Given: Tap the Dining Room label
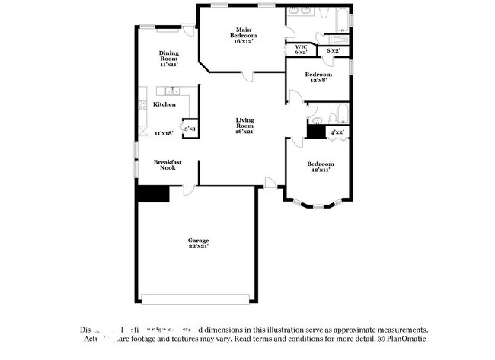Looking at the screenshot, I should tap(168, 59).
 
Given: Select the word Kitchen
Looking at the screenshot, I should tap(164, 104).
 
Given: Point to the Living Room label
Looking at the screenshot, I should tap(244, 125).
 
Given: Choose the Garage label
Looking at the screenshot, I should tap(198, 244).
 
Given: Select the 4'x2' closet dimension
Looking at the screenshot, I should tap(337, 132).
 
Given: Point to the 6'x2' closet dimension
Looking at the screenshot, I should tap(333, 51).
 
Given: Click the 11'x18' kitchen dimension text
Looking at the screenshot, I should tap(164, 133).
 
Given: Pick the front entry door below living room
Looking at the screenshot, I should tap(269, 183).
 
